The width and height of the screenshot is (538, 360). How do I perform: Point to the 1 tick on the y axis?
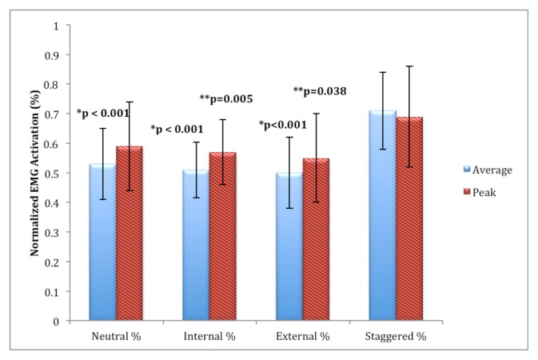(x=56, y=25)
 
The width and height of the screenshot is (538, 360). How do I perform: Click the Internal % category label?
(x=209, y=336)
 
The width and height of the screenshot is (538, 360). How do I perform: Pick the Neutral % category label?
(x=116, y=336)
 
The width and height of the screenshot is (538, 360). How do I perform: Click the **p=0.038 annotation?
(x=320, y=91)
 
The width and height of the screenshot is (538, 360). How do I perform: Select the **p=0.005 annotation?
(x=225, y=99)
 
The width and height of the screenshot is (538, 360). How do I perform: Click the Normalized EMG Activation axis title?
(x=35, y=173)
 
